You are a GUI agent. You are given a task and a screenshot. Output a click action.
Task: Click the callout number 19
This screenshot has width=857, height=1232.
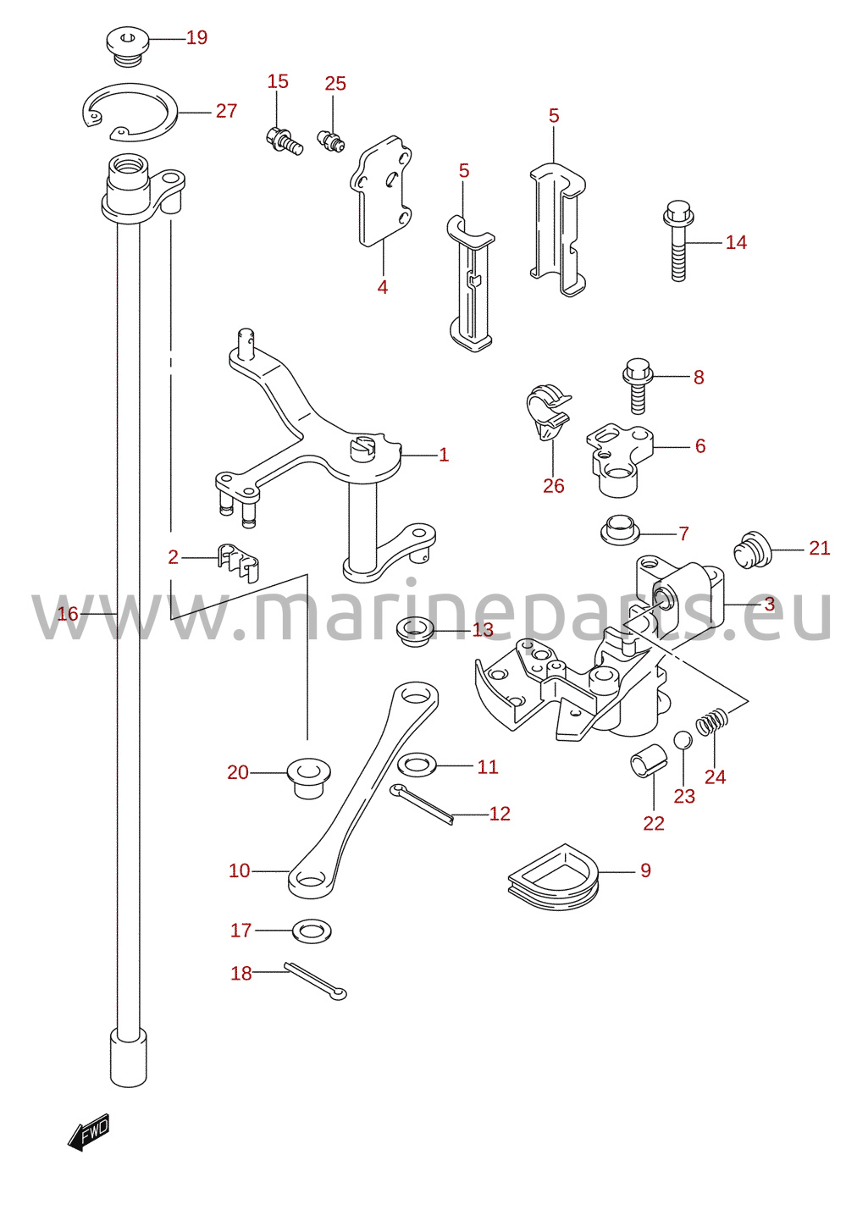pyautogui.click(x=196, y=38)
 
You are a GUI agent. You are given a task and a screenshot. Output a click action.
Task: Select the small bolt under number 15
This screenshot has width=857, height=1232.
pyautogui.click(x=284, y=141)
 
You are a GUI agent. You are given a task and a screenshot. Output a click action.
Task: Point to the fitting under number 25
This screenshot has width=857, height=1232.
pyautogui.click(x=331, y=140)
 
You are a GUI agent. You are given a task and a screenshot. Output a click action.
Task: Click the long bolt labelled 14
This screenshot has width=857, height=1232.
pyautogui.click(x=679, y=241)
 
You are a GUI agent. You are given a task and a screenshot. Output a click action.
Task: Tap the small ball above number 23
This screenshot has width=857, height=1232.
pyautogui.click(x=682, y=740)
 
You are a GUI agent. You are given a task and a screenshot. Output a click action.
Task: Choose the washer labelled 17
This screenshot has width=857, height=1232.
pyautogui.click(x=312, y=931)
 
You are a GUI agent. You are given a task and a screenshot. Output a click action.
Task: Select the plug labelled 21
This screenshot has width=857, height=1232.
pyautogui.click(x=754, y=550)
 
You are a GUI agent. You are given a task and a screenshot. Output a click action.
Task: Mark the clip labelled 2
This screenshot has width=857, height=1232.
pyautogui.click(x=238, y=561)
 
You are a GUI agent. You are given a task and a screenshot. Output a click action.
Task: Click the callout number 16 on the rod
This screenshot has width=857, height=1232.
pyautogui.click(x=68, y=613)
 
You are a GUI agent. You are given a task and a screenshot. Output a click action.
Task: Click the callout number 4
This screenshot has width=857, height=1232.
pyautogui.click(x=382, y=287)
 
